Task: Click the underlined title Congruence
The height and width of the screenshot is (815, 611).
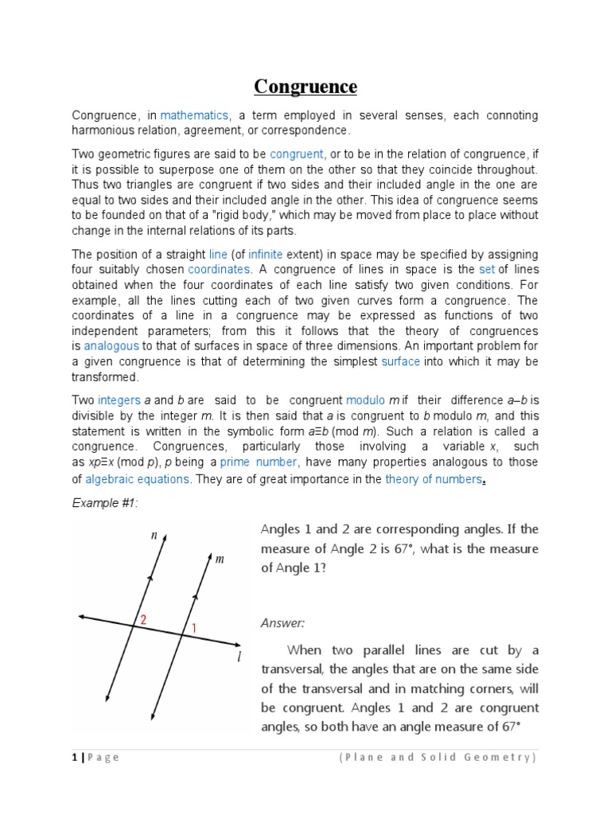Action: tap(305, 86)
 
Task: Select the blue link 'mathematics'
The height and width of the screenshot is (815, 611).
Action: tap(194, 115)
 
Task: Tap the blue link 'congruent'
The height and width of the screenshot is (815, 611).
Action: tap(296, 154)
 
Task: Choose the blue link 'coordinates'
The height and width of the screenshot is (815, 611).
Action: tap(219, 269)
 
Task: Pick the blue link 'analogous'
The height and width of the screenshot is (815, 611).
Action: tap(111, 346)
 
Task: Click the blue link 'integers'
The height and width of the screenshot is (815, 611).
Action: tap(119, 400)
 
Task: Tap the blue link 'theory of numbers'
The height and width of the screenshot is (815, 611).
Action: tap(433, 478)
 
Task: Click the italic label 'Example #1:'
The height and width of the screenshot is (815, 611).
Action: tap(99, 505)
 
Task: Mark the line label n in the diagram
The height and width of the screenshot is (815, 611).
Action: tap(154, 536)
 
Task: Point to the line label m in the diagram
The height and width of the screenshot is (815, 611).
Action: tap(220, 560)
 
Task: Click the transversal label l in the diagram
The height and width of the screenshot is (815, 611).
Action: tap(238, 654)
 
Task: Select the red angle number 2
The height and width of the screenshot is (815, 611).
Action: tap(144, 620)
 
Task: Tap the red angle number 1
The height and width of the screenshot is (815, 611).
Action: tap(193, 628)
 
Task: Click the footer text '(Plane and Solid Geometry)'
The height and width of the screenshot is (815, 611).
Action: tap(438, 757)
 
